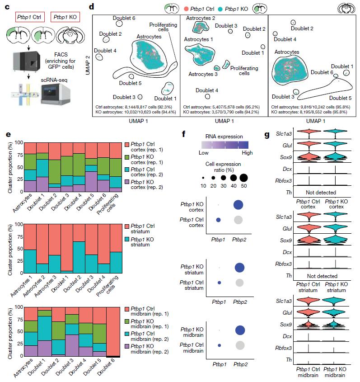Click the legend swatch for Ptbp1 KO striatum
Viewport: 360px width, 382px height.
(128, 237)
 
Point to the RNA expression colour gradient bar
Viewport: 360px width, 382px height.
(218, 145)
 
